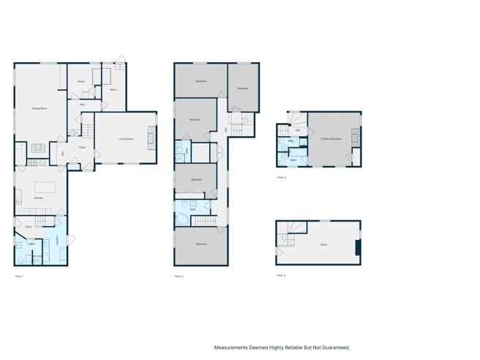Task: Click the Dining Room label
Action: [x=40, y=108]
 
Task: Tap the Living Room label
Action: [x=127, y=138]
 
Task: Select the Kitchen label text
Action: [x=39, y=198]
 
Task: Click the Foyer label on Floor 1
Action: [x=83, y=147]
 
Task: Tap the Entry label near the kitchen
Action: [x=29, y=227]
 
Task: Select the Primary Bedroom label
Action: [x=331, y=138]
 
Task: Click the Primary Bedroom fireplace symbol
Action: [x=356, y=137]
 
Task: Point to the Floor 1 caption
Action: [x=20, y=276]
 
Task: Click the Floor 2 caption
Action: [x=179, y=276]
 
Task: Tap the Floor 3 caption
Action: [x=281, y=177]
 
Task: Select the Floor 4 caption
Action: [x=281, y=275]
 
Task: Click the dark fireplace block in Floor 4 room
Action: [x=358, y=248]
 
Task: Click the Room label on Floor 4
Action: [x=323, y=245]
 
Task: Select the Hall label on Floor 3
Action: [x=297, y=130]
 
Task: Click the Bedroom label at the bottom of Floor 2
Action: [x=200, y=244]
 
